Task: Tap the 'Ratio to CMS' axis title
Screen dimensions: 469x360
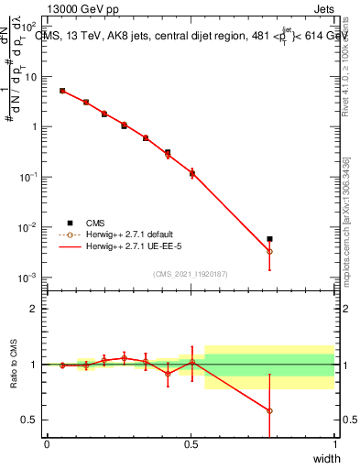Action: tap(15, 363)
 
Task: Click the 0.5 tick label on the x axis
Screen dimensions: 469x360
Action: tap(190, 443)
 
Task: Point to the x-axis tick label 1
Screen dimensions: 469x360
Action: tap(333, 443)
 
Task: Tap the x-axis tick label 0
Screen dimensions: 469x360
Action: tap(47, 443)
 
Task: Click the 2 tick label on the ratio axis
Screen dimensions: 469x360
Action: tap(33, 309)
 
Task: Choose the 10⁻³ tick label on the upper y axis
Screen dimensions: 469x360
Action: tap(29, 278)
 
